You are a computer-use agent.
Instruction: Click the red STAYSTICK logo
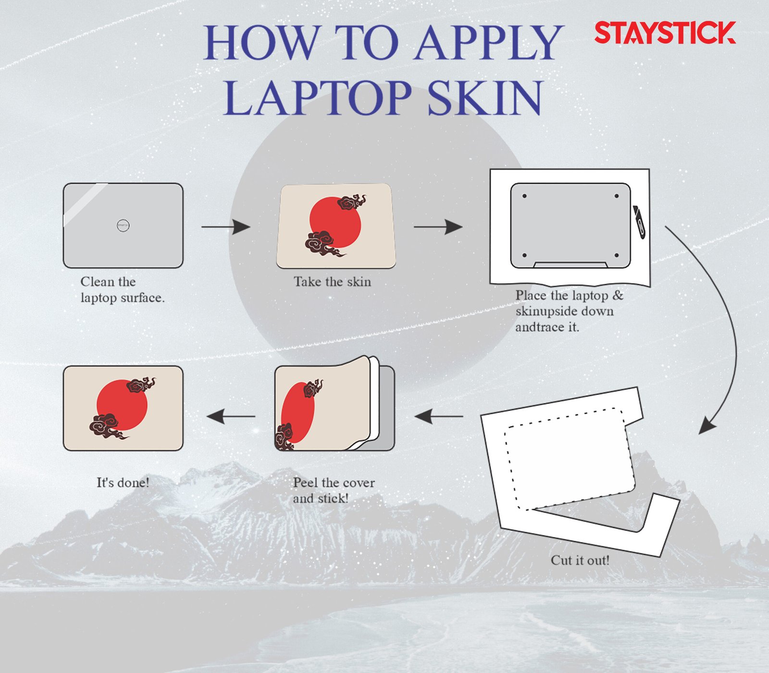pos(665,33)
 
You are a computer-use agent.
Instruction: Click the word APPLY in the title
pos(488,42)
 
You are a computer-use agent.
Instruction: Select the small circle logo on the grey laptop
pos(123,225)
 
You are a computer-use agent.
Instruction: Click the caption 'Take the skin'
pos(332,282)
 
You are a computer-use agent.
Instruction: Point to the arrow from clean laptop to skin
pos(226,226)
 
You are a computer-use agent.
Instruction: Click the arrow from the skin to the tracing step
pos(438,226)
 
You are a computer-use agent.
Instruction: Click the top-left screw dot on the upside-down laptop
pos(524,196)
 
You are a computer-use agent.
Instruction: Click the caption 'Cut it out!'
pos(580,561)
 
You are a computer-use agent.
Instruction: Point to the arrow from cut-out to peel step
pos(438,416)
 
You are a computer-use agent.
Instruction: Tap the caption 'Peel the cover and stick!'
pos(334,490)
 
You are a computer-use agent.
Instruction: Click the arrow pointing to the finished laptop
pos(231,416)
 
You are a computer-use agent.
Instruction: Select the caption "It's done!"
pos(123,483)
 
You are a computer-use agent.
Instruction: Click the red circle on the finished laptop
pos(122,405)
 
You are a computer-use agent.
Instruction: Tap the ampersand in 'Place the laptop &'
pos(618,295)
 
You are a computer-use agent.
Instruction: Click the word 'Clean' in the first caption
pos(97,282)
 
